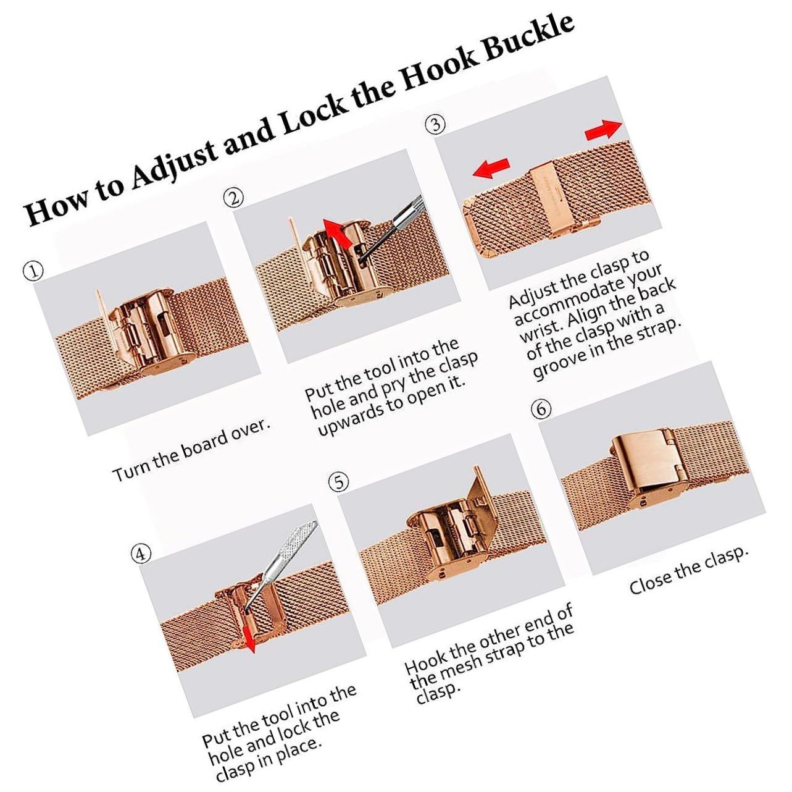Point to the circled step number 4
point(141,554)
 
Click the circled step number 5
point(339,483)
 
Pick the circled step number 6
point(541,408)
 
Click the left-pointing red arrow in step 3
point(491,169)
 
